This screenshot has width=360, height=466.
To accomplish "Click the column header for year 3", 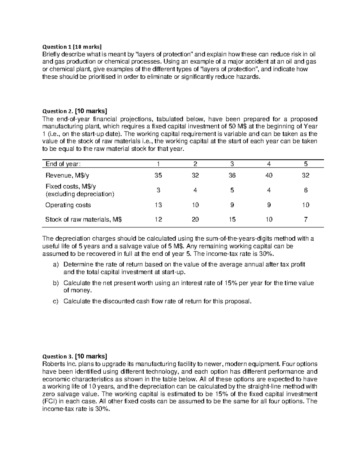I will (x=232, y=164).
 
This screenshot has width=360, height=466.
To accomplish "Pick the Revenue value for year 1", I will (x=158, y=176).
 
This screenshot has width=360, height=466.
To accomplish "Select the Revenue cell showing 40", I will (x=269, y=176).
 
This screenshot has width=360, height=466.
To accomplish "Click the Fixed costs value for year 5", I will (x=305, y=190).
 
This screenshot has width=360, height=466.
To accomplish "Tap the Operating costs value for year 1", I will (x=158, y=205).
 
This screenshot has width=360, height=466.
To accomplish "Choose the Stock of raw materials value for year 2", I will (x=195, y=219).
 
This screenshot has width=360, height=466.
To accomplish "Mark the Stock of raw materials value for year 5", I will (x=305, y=219).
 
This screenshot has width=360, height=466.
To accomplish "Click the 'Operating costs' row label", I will (x=68, y=205).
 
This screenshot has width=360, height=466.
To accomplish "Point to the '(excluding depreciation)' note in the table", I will (x=80, y=194).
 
